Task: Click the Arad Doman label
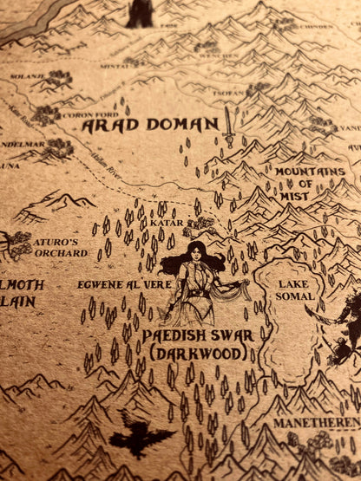click(150, 126)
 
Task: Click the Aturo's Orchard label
click(61, 247)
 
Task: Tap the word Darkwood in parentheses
click(186, 354)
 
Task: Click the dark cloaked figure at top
click(140, 13)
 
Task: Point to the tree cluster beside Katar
click(201, 224)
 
